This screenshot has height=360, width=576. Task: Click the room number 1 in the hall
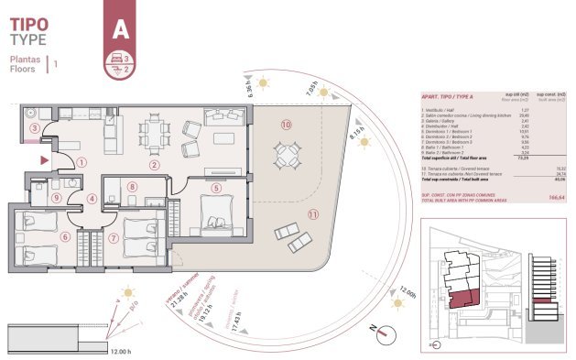click(82, 163)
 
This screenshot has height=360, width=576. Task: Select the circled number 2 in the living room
click(155, 165)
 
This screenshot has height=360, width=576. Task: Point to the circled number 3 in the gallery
click(35, 129)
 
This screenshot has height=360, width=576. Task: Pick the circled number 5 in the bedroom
click(216, 188)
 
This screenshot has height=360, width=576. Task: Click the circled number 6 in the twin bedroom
click(65, 236)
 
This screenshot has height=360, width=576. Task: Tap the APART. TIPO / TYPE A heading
click(448, 95)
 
